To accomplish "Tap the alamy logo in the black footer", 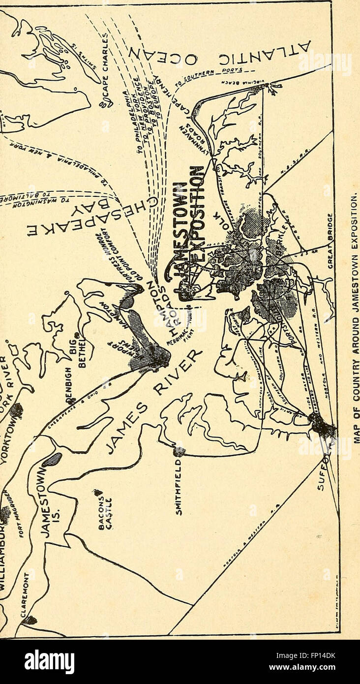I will tap(49, 661).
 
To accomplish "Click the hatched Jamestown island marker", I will tap(53, 460).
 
